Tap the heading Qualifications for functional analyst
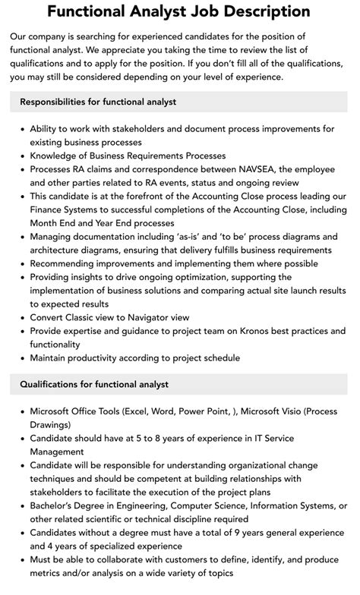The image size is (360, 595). coord(94,385)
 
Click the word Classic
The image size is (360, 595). coord(86,317)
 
